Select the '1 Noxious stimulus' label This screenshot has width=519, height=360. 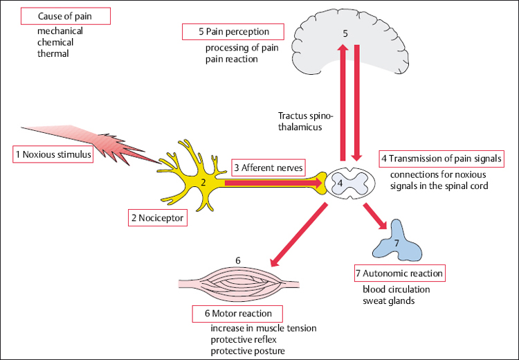[x=53, y=154]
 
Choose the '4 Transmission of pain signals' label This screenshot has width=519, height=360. [x=441, y=159]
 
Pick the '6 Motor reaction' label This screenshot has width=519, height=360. [x=237, y=313]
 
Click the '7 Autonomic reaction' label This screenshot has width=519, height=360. [x=399, y=273]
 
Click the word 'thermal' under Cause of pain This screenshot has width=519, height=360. [x=54, y=53]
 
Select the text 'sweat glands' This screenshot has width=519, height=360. [x=388, y=301]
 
